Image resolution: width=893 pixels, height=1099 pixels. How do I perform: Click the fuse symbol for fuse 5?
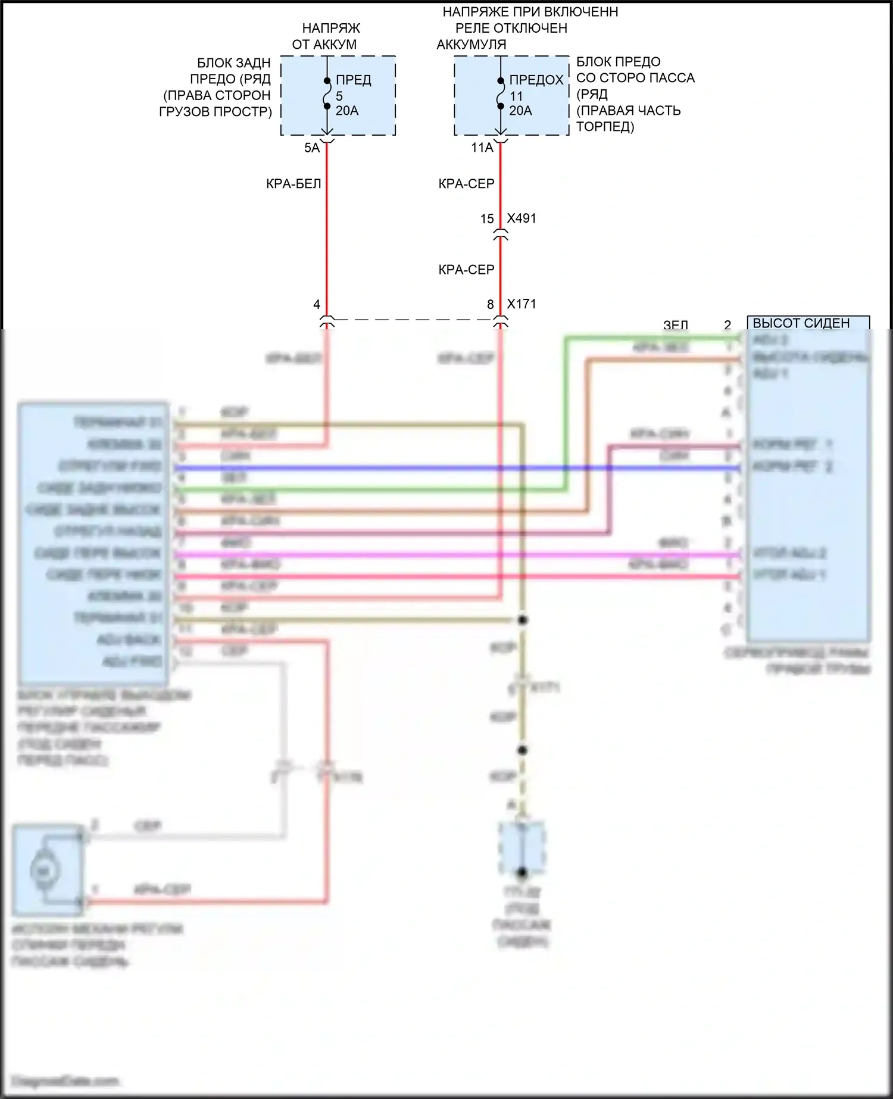tap(327, 94)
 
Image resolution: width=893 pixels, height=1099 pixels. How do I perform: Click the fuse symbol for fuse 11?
tap(501, 94)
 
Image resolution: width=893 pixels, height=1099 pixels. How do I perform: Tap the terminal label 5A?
tap(312, 148)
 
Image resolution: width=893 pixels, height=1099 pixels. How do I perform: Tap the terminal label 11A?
tap(482, 148)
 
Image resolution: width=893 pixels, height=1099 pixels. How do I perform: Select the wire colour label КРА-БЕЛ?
tap(293, 184)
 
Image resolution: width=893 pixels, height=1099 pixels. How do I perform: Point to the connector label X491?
tap(522, 218)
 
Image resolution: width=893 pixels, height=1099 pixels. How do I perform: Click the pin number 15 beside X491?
tap(487, 219)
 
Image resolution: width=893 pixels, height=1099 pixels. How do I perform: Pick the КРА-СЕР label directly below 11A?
tap(466, 184)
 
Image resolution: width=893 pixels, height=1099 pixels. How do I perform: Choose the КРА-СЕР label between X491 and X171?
tap(466, 270)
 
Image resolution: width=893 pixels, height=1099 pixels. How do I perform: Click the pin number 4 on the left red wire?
tap(317, 305)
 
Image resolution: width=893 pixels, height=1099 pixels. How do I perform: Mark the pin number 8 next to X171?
tap(491, 305)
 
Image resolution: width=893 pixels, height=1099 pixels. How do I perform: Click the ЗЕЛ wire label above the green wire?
tap(676, 325)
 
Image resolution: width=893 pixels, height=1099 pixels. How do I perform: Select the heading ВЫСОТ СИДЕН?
tap(801, 323)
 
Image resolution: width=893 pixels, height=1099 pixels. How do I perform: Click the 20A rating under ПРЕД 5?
tap(347, 111)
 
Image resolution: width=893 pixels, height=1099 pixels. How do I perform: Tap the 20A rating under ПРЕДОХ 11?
tap(521, 111)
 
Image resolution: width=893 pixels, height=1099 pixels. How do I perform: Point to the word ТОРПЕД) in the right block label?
tap(605, 127)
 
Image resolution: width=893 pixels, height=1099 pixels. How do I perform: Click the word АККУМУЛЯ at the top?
tap(472, 45)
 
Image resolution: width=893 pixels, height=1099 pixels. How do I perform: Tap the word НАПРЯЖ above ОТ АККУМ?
tap(331, 28)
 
